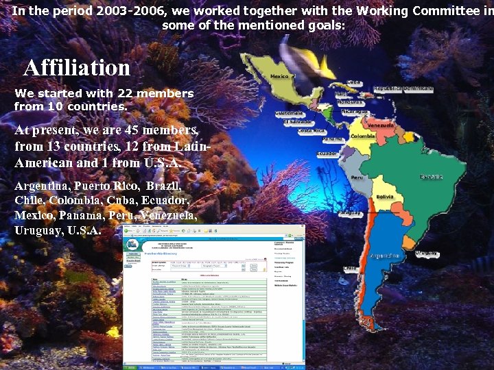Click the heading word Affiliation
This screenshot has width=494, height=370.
[77, 68]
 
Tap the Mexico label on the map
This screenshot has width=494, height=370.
[280, 77]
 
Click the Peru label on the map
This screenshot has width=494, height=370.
[356, 177]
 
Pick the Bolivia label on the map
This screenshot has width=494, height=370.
[385, 197]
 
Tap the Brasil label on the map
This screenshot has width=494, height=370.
[432, 177]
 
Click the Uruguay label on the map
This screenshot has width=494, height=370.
[427, 254]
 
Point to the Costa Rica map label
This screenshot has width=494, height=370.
[311, 130]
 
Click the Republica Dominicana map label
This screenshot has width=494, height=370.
[408, 89]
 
